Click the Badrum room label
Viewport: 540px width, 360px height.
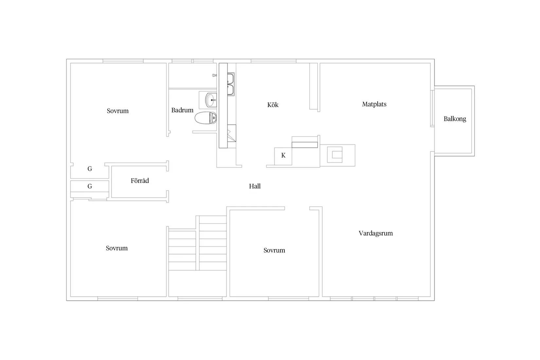[x=182, y=110]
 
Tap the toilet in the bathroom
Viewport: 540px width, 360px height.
[x=206, y=118]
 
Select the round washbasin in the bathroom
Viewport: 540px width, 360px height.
[x=211, y=100]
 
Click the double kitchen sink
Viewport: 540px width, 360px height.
[x=231, y=84]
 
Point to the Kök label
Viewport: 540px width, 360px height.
[x=273, y=105]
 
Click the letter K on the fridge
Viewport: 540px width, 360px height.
[x=283, y=155]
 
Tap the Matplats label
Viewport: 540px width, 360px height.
[x=374, y=104]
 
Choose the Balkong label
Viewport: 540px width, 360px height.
[x=455, y=119]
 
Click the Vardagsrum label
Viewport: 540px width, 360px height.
[x=376, y=233]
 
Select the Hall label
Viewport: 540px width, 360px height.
[x=255, y=186]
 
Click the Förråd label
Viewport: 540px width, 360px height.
[x=139, y=181]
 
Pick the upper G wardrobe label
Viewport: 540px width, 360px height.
[x=90, y=169]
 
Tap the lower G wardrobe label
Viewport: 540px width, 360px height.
[x=90, y=186]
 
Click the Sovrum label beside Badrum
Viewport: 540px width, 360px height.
[x=117, y=111]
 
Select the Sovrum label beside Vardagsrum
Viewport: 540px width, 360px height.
[x=274, y=250]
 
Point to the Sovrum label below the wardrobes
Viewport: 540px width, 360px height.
[x=117, y=248]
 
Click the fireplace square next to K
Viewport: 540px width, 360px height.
[x=334, y=154]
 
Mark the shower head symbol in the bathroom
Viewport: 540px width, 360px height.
[x=214, y=75]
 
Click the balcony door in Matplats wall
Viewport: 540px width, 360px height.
[x=432, y=108]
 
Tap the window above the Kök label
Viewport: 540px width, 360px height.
[x=273, y=61]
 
